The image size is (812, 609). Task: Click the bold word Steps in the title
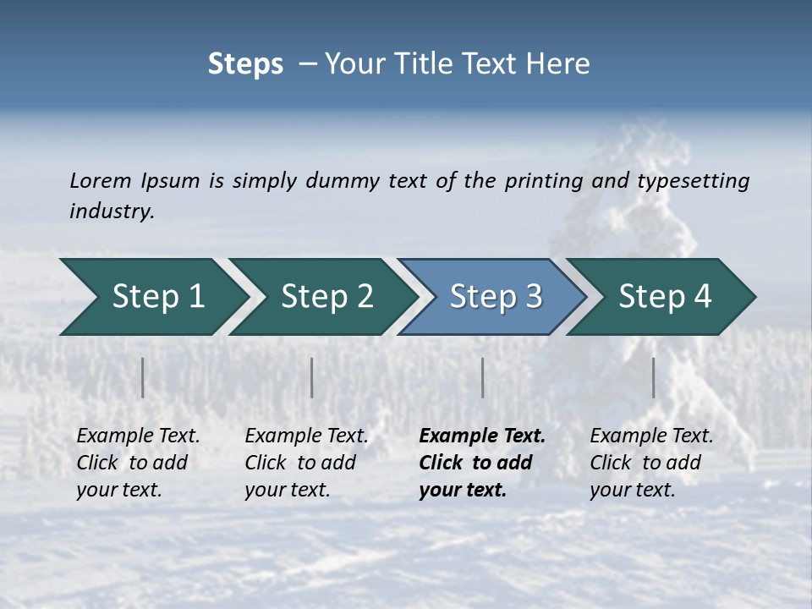pyautogui.click(x=245, y=64)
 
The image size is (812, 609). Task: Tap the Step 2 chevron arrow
pyautogui.click(x=321, y=297)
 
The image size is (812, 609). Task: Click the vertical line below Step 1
pyautogui.click(x=143, y=377)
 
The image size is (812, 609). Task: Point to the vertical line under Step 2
pyautogui.click(x=312, y=377)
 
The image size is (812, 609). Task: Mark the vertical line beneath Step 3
pyautogui.click(x=483, y=377)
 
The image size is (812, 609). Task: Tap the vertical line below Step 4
pyautogui.click(x=654, y=377)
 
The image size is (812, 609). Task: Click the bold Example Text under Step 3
pyautogui.click(x=482, y=436)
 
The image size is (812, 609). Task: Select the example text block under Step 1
pyautogui.click(x=138, y=463)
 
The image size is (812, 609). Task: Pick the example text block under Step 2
pyautogui.click(x=306, y=463)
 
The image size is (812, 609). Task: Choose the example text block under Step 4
pyautogui.click(x=651, y=463)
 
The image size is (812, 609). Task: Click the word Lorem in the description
pyautogui.click(x=101, y=181)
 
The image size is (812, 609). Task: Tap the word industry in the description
pyautogui.click(x=111, y=211)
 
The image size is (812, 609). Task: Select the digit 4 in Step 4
pyautogui.click(x=702, y=297)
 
